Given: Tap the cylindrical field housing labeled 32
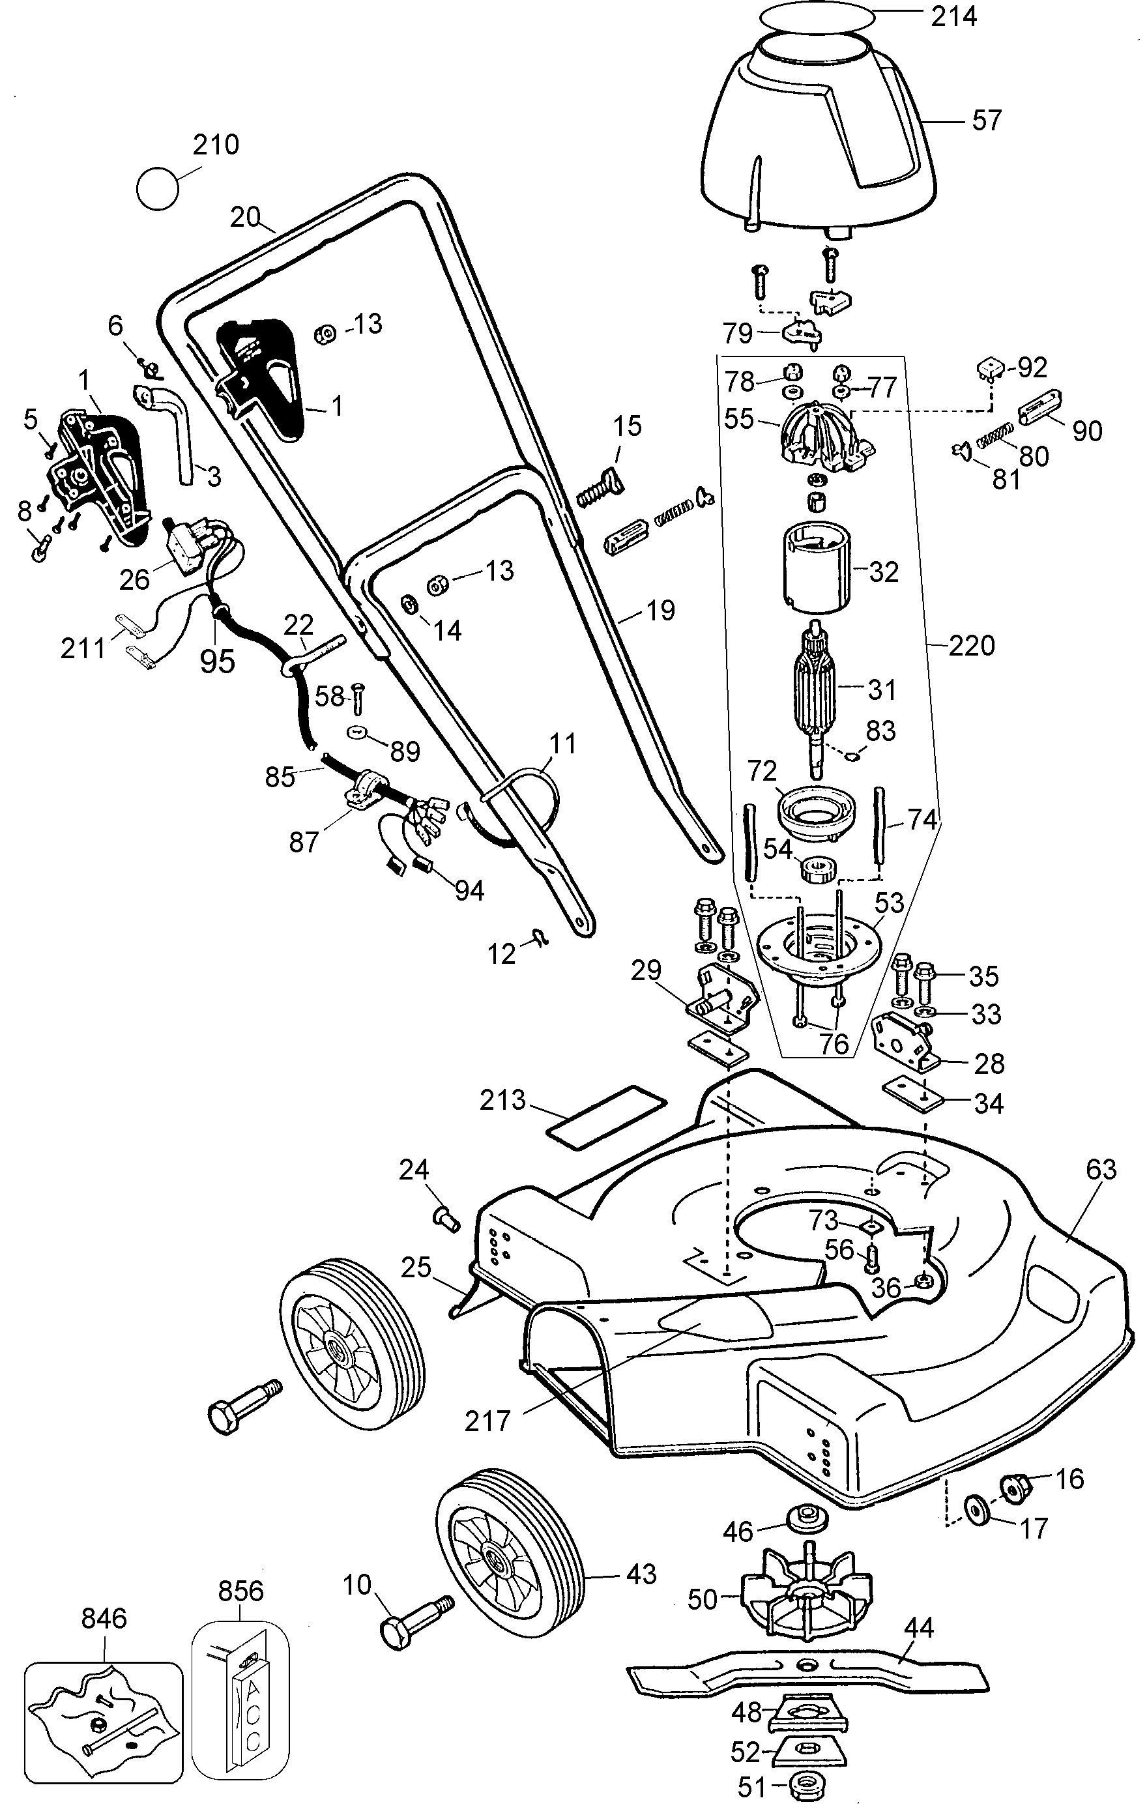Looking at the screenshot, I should click(x=815, y=571).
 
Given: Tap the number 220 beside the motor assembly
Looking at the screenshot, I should click(x=972, y=645).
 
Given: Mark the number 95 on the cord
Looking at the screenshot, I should click(x=218, y=660).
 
